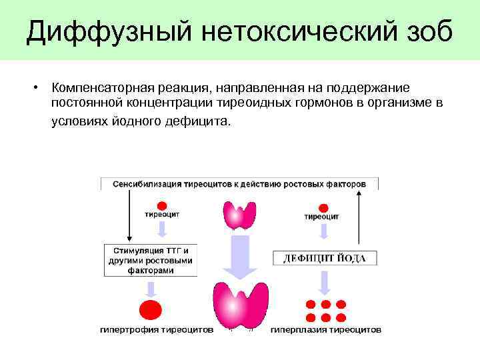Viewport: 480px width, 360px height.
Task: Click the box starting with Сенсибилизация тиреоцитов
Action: tap(239, 183)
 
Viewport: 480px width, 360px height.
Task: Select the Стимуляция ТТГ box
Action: tap(150, 261)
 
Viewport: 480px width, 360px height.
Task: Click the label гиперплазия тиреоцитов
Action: tap(326, 329)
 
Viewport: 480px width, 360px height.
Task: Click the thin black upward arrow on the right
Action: tap(359, 217)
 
